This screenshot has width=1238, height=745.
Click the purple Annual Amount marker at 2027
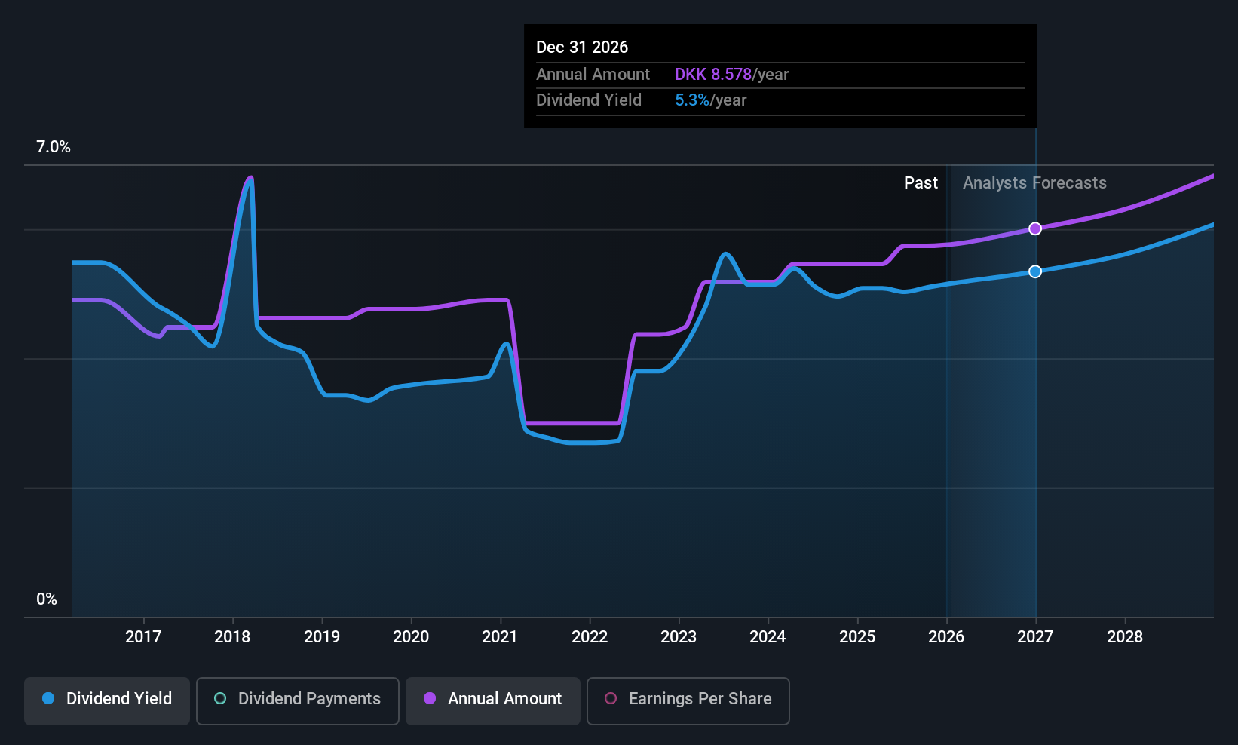tap(1035, 228)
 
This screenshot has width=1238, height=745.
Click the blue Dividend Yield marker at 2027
tap(1035, 271)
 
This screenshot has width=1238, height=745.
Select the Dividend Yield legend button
tap(107, 699)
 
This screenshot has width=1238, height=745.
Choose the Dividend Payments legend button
tap(297, 699)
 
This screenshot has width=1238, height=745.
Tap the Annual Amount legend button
tap(493, 699)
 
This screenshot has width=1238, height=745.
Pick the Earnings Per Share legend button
tap(688, 699)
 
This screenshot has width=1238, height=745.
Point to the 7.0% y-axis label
tap(54, 147)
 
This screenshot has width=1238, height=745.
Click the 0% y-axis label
tap(47, 599)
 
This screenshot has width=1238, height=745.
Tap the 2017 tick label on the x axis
tap(143, 637)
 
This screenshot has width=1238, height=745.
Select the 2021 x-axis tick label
tap(500, 637)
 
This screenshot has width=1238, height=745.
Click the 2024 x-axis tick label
tap(768, 637)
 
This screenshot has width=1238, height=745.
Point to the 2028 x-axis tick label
tap(1124, 637)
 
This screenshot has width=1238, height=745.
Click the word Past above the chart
tap(921, 183)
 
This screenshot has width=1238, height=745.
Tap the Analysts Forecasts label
tap(1034, 183)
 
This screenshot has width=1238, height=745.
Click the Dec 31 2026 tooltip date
tap(582, 48)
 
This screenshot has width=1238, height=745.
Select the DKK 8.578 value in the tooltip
tap(712, 75)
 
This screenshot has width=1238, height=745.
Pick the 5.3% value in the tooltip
tap(691, 100)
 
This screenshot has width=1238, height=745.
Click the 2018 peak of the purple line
tap(250, 178)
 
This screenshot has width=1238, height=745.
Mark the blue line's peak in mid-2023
tap(725, 254)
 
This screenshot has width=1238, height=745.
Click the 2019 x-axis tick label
tap(322, 637)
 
